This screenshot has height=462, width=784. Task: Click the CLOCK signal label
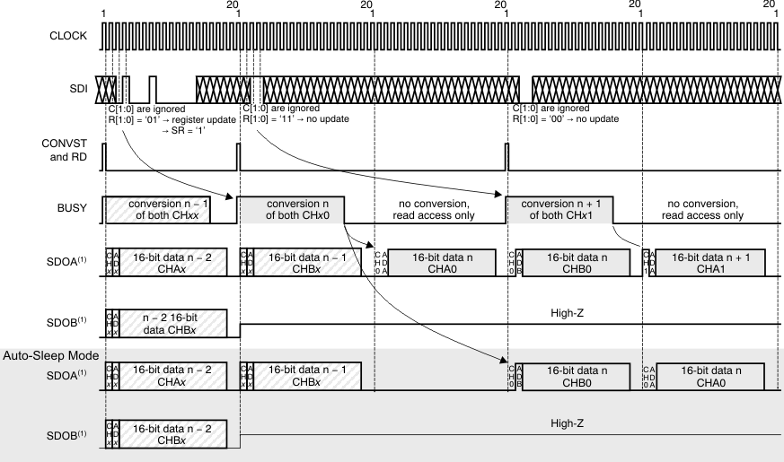pos(69,36)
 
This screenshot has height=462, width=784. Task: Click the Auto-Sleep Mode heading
pos(50,356)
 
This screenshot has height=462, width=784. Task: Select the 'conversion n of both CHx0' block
pos(297,209)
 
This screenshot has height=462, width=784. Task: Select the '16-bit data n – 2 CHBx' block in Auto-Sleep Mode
pos(171,434)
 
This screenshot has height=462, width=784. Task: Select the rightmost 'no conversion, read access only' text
pos(703,209)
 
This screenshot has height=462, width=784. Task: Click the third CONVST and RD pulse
pos(507,156)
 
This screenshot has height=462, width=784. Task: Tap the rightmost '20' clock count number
pos(769,5)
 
